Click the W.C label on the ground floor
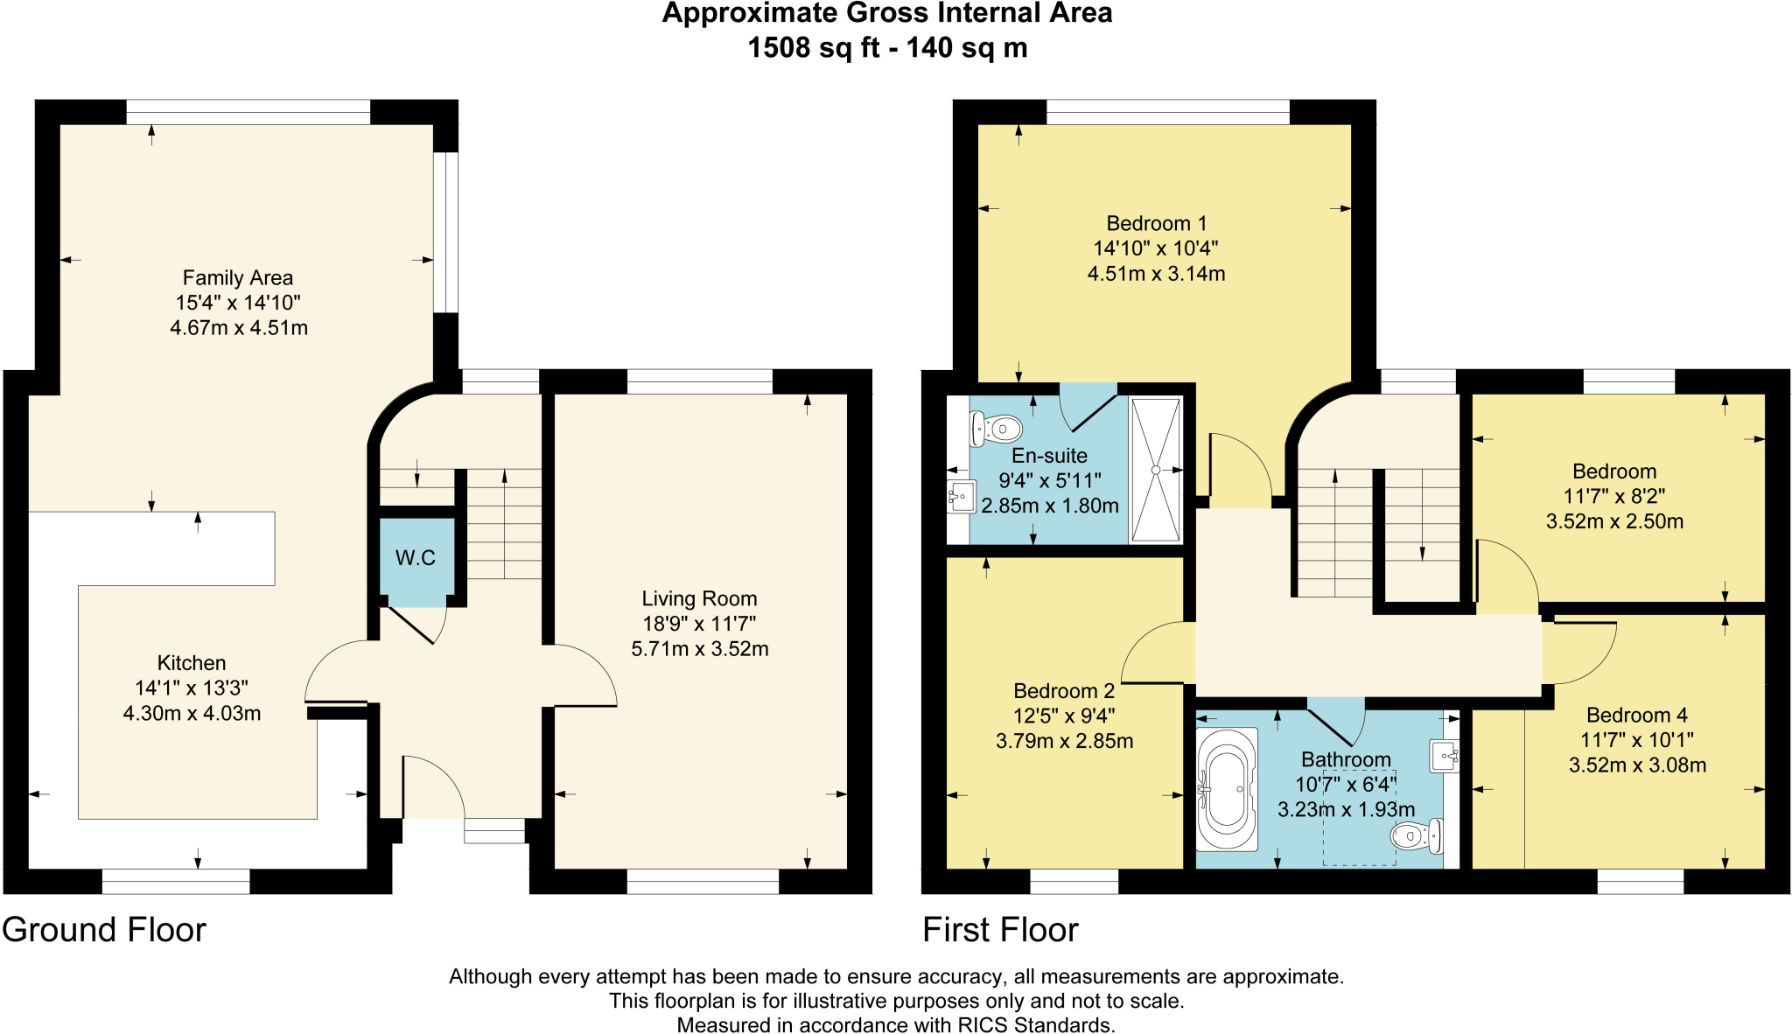point(415,558)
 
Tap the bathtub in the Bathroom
point(1227,789)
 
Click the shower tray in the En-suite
point(1155,470)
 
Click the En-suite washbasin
point(961,497)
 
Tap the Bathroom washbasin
point(1445,756)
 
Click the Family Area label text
point(237,278)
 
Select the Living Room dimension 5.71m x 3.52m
point(699,649)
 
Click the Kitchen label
point(192,663)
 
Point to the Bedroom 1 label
point(1156,224)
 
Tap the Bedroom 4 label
point(1636,716)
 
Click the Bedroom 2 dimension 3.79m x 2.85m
point(1064,741)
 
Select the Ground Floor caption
point(103,930)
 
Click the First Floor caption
point(1000,930)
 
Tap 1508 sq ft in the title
point(802,47)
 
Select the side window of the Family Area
point(446,233)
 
